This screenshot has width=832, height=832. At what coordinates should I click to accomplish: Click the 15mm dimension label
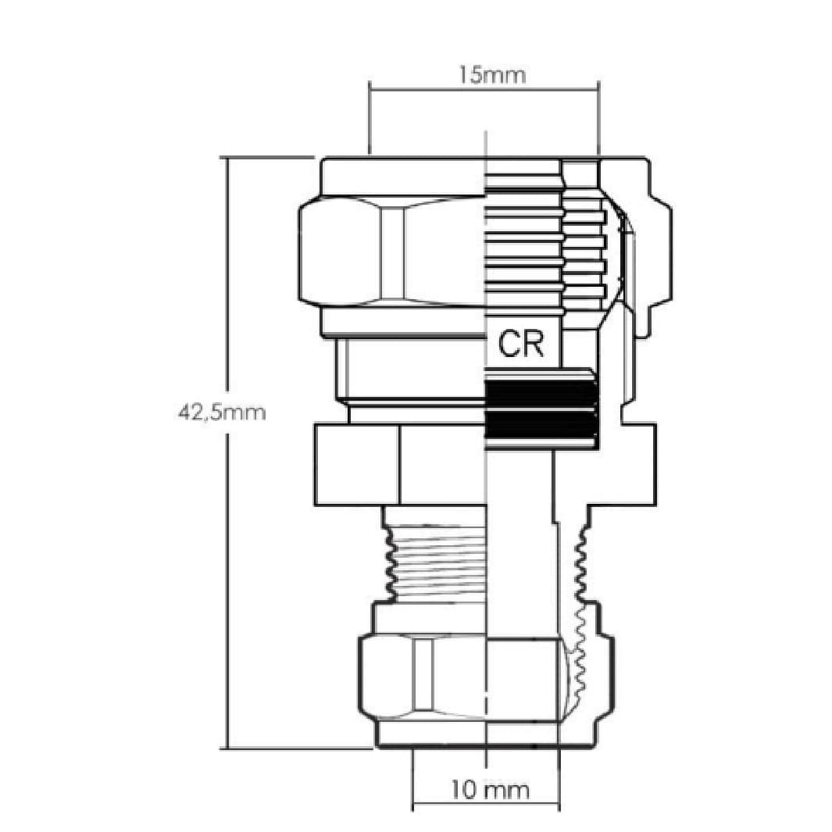(x=492, y=75)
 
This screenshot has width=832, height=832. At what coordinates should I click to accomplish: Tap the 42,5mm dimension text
(x=221, y=411)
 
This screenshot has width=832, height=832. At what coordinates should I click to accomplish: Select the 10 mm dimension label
(x=491, y=790)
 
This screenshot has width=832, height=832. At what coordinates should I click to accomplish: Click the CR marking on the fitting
(x=521, y=345)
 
